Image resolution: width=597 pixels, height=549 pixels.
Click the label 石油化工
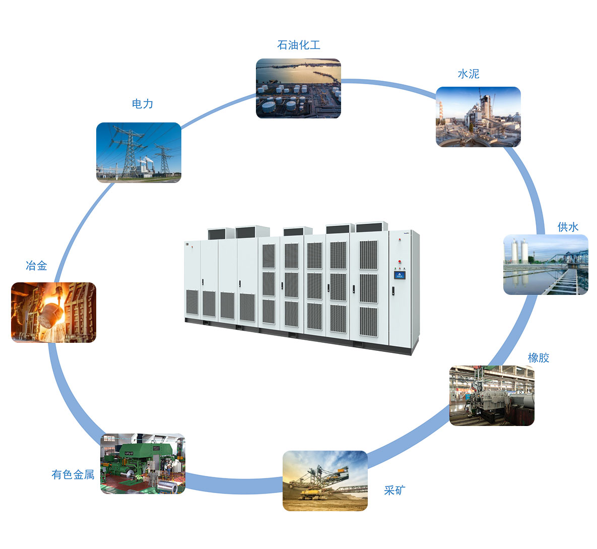tap(299, 45)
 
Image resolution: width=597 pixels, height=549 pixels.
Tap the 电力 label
tap(142, 104)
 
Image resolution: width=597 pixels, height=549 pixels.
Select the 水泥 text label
tap(468, 74)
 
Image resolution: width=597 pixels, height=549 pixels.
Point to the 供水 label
tap(568, 227)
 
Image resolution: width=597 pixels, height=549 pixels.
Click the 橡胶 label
tap(538, 358)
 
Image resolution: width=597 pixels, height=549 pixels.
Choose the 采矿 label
tap(394, 491)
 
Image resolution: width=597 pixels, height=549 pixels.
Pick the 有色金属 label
tap(73, 474)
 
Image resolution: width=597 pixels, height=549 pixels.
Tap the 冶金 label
tap(36, 266)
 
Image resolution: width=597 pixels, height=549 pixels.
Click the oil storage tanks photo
tap(298, 89)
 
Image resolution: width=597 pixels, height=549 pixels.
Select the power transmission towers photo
tap(139, 152)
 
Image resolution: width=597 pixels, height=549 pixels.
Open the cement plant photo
tap(478, 117)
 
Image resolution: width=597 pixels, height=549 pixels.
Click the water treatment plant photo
tap(546, 265)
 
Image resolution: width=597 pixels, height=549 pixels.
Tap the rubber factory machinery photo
tap(492, 396)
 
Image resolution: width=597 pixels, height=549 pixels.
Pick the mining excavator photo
tap(325, 481)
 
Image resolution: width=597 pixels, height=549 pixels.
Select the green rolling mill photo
tap(143, 464)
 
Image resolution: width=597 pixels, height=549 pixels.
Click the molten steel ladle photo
tap(53, 313)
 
